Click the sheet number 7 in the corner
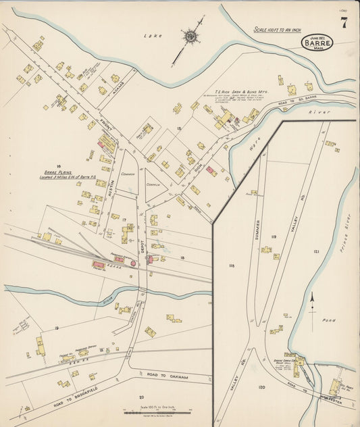click(344, 22)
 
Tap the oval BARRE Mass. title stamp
click(317, 42)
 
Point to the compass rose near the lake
click(190, 36)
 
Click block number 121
click(315, 251)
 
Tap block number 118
click(232, 266)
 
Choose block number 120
click(261, 387)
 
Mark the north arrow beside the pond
click(311, 301)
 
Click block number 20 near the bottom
click(141, 397)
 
